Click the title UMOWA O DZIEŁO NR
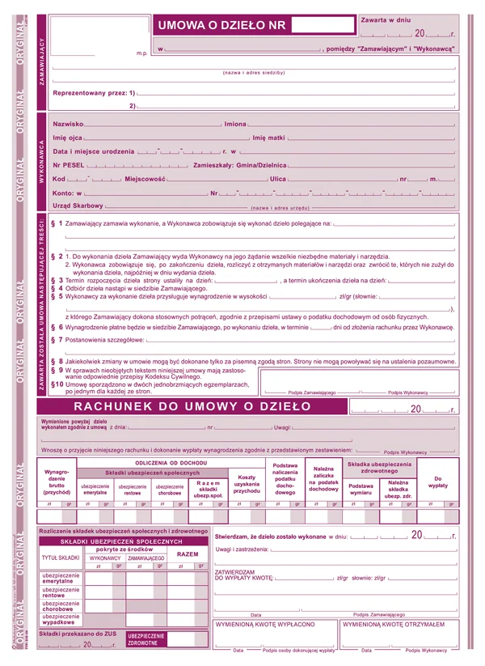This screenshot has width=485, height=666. (x=221, y=24)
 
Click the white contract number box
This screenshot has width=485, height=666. (x=321, y=24)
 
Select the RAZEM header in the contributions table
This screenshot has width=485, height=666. (x=188, y=554)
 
